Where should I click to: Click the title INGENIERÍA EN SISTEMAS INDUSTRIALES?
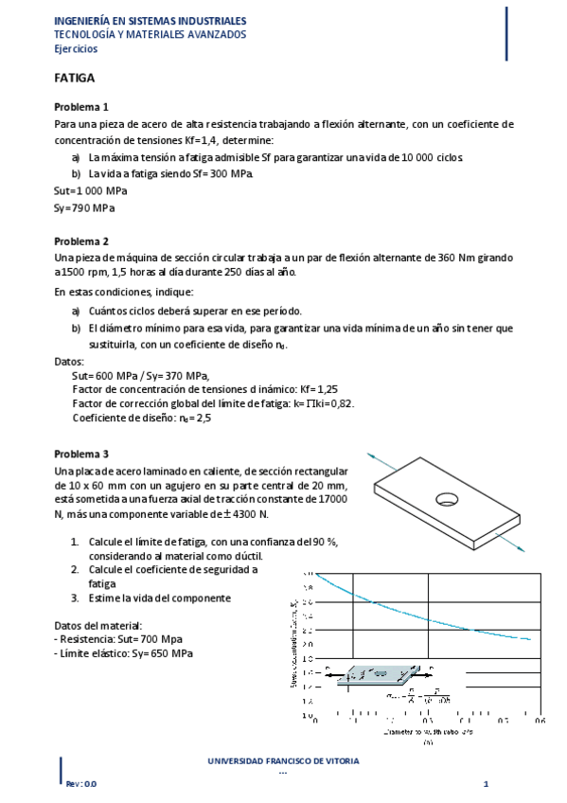[151, 20]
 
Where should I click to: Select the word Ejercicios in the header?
[75, 49]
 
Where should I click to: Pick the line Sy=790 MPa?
[85, 207]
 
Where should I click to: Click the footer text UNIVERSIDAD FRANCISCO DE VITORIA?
[283, 760]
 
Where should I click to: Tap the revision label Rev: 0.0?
[80, 784]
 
